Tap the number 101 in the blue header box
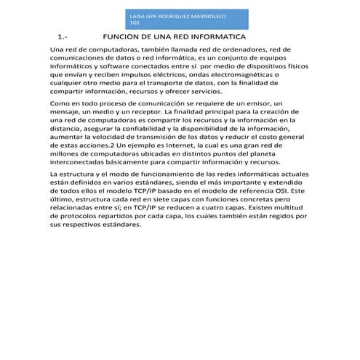132,22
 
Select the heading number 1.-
63,36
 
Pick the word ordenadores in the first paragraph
240,49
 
